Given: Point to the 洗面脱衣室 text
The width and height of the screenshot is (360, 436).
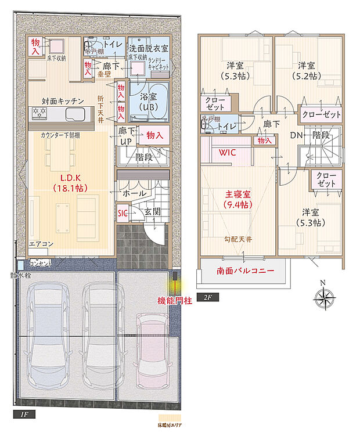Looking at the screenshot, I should coord(149,48).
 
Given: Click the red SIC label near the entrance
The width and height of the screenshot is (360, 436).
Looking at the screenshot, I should coord(123,213).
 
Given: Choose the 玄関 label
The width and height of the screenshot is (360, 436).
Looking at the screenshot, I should coord(152,213).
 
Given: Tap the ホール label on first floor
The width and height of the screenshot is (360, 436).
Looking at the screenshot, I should coord(134,192).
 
